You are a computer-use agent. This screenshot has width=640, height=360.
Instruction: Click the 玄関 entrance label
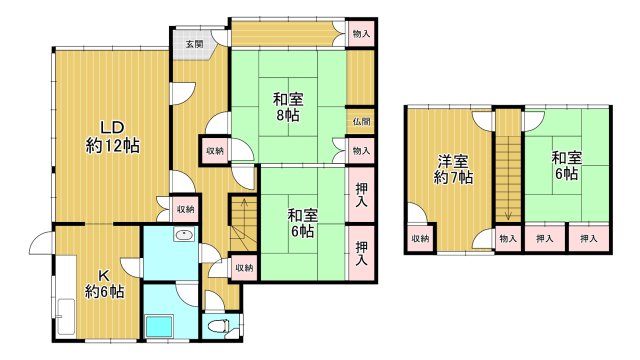click(x=193, y=44)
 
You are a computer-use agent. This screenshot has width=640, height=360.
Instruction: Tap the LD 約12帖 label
click(x=111, y=136)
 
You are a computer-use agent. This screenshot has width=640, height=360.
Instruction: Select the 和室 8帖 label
click(x=289, y=107)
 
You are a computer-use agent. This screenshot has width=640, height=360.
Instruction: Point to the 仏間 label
click(x=361, y=121)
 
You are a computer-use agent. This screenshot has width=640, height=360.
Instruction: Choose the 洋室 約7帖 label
click(x=453, y=169)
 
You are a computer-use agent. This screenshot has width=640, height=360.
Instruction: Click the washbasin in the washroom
click(x=184, y=236)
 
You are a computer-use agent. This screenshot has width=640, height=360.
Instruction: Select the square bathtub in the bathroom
click(x=160, y=325)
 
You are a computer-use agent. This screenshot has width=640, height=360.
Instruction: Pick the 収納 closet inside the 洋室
click(x=420, y=238)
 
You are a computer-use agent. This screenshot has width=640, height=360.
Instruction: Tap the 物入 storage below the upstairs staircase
click(x=508, y=238)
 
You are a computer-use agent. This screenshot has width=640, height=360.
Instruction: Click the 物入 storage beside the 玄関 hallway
click(x=361, y=34)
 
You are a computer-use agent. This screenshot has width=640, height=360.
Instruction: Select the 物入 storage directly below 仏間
click(x=361, y=150)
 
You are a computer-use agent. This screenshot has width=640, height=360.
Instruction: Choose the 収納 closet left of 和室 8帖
click(x=215, y=150)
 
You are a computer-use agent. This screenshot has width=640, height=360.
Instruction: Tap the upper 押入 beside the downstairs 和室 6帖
click(x=361, y=192)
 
